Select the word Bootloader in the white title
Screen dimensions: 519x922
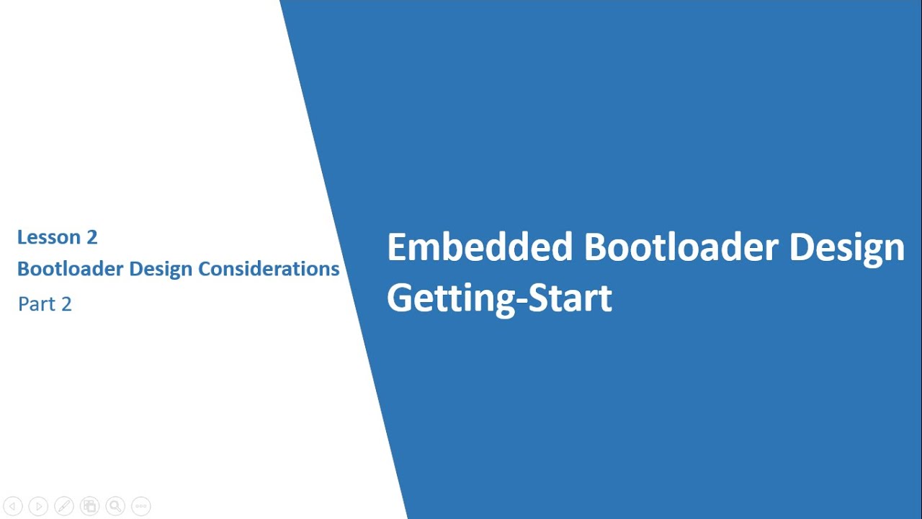681,247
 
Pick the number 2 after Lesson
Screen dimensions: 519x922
91,237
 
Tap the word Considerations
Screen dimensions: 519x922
269,269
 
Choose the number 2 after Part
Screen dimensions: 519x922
66,304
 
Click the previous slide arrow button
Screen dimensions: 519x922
12,506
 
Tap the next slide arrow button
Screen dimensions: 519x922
38,506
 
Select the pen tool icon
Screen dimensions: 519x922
63,506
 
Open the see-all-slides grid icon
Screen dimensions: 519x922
89,506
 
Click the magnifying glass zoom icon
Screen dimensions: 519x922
115,506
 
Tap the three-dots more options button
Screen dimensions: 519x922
141,506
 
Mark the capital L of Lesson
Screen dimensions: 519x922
22,237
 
